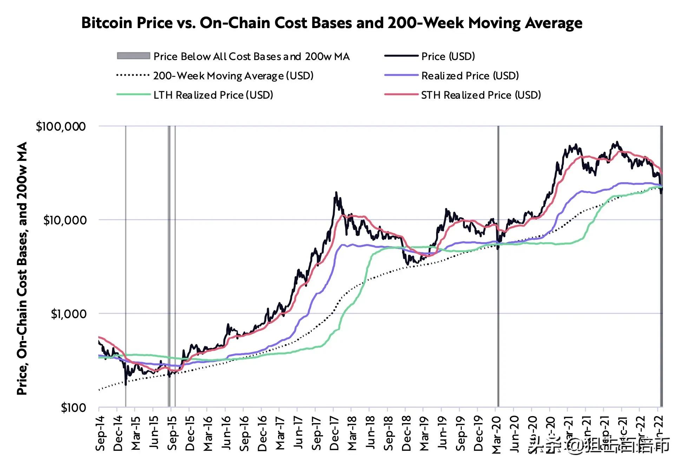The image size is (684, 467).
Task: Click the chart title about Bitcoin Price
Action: pos(331,23)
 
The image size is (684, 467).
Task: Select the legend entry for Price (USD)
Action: pos(448,56)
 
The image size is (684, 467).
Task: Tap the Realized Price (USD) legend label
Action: pos(470,76)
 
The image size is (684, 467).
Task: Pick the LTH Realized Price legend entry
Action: pos(213,95)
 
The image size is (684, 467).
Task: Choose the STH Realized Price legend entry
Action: pos(481,95)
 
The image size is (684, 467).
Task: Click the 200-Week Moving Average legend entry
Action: pos(233,76)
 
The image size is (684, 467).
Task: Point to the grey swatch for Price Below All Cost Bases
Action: pos(133,56)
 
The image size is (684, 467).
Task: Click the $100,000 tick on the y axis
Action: pos(61,126)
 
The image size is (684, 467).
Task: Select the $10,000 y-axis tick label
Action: pos(65,220)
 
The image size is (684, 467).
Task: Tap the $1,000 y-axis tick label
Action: pos(68,314)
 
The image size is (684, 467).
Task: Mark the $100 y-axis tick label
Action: pos(73,408)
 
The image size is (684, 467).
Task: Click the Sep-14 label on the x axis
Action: pos(100,433)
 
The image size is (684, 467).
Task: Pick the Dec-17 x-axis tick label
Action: pos(335,433)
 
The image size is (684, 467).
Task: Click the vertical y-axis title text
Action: pos(22,269)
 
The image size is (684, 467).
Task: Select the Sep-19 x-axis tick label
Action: pos(461,433)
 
